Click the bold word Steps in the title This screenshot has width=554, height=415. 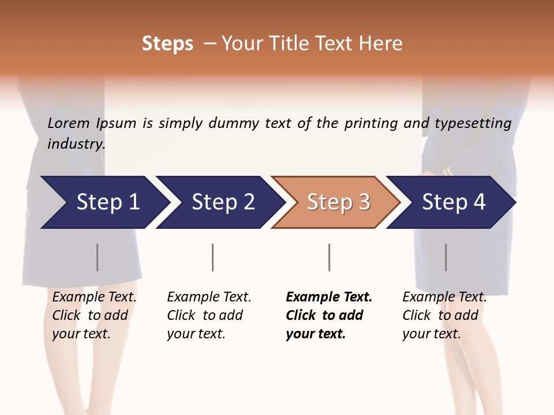pos(167,44)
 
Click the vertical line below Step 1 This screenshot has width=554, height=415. pos(98,257)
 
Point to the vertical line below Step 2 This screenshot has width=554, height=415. pos(213,257)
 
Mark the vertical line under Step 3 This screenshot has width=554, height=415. pos(329,257)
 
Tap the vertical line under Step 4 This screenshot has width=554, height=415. pos(446,257)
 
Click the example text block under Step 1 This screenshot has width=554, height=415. pos(94,315)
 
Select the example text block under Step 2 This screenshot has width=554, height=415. pos(209,315)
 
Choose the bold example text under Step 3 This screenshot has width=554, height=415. pos(329,315)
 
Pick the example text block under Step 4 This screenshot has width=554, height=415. pos(444,315)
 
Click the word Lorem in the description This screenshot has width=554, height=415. pos(69,123)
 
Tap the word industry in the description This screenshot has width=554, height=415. pos(76,144)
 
